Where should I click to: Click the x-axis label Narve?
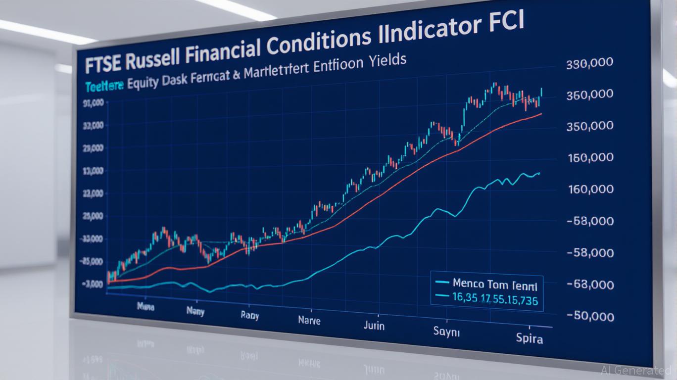[309, 320]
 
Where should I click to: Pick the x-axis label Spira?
[529, 339]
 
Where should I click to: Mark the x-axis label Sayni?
[447, 332]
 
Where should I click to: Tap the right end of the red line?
[541, 114]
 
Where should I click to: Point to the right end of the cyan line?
[539, 173]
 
